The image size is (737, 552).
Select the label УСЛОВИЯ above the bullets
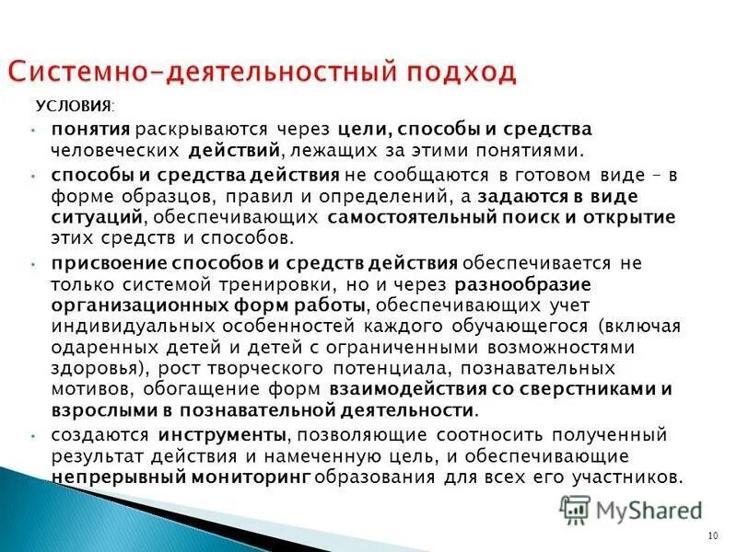pyautogui.click(x=73, y=108)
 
